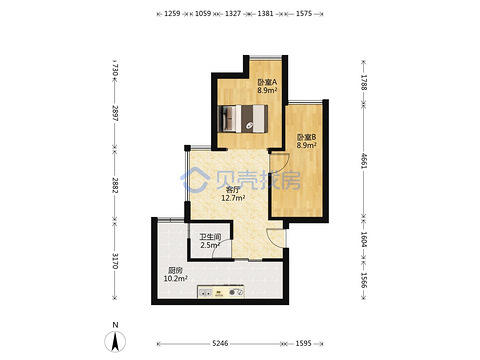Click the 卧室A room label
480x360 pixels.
(x=267, y=82)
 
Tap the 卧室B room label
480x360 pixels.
(x=306, y=137)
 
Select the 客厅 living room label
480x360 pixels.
(x=233, y=190)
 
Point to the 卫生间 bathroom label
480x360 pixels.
(x=210, y=237)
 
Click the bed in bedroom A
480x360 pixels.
(x=243, y=119)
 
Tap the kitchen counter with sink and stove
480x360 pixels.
(x=221, y=292)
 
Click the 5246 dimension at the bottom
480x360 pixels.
(x=220, y=343)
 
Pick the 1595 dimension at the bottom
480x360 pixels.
(x=303, y=343)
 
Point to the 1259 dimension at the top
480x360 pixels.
(x=172, y=14)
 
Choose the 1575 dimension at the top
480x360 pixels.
(x=304, y=14)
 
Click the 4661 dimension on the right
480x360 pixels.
(x=364, y=161)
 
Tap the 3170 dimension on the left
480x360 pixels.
(x=115, y=261)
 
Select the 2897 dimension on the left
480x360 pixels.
(x=115, y=113)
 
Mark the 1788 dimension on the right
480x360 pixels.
(x=364, y=83)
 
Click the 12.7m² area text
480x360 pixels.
(x=233, y=198)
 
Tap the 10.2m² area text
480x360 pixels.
(x=175, y=278)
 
